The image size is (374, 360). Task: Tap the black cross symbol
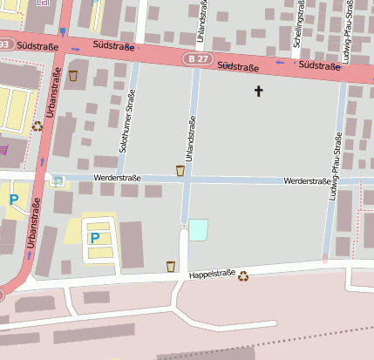(x=258, y=91)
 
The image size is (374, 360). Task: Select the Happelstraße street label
(x=211, y=277)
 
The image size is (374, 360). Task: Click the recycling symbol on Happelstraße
(x=244, y=275)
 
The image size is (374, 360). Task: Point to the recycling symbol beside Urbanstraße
(x=37, y=126)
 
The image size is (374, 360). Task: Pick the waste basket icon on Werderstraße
(x=180, y=170)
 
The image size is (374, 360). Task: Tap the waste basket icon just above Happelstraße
(x=171, y=266)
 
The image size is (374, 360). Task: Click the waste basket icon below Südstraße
(x=73, y=76)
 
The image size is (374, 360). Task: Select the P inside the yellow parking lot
(x=95, y=237)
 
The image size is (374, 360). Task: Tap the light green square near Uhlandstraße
(x=199, y=229)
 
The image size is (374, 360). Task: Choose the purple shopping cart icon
(x=3, y=149)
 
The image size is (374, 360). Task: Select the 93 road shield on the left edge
(x=4, y=44)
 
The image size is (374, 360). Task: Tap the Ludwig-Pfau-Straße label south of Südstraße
(x=334, y=166)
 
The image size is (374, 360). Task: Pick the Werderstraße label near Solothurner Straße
(x=117, y=178)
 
